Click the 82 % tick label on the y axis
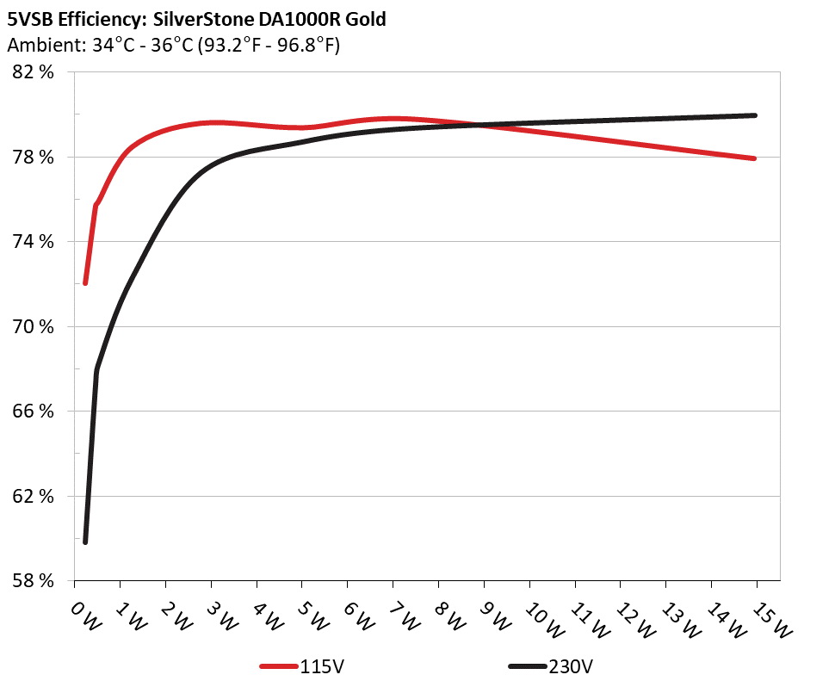tap(34, 72)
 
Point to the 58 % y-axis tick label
tap(34, 581)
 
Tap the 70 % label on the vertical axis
tap(34, 327)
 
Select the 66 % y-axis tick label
tap(34, 412)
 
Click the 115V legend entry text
tap(324, 666)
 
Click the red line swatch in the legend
tap(279, 667)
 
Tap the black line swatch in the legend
tap(527, 667)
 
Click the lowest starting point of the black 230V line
tap(85, 542)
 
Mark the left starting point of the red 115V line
tap(85, 282)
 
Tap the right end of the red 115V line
tap(754, 158)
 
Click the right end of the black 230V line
tap(754, 115)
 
